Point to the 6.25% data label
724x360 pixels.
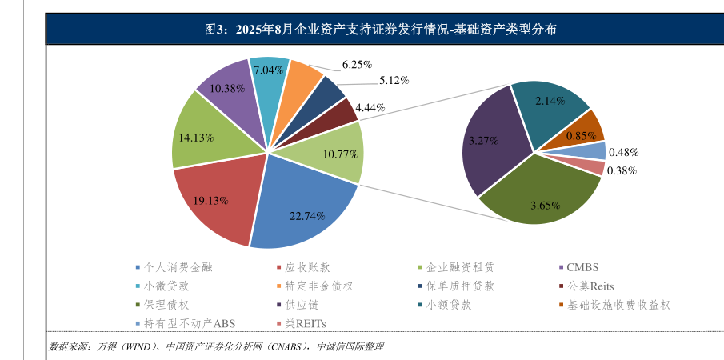(357, 64)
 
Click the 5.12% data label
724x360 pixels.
(394, 80)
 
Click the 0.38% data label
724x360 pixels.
(622, 170)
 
